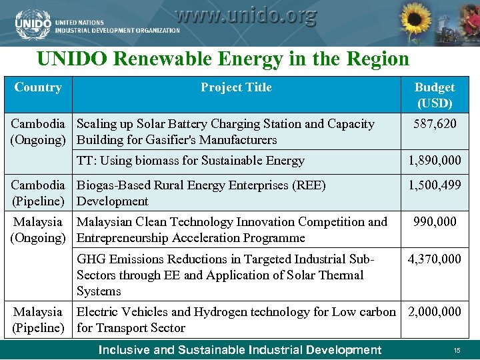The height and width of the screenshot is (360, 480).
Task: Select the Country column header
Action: coord(38,87)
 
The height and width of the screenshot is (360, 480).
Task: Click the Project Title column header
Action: coord(236,87)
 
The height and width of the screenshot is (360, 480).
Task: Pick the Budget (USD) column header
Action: coord(435,95)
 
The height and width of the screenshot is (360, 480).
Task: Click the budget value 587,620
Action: coord(435,124)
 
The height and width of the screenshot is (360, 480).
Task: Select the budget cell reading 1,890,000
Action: coord(435,160)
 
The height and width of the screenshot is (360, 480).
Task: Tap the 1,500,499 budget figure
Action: coord(435,185)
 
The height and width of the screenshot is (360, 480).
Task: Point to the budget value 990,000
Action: coord(435,222)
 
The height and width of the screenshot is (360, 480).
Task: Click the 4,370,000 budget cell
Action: coord(435,259)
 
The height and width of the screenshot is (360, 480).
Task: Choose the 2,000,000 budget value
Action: coord(435,312)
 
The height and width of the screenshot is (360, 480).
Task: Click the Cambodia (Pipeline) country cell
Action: coord(38,193)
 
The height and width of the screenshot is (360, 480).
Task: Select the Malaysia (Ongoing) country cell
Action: coord(38,230)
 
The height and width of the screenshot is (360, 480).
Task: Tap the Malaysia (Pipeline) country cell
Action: coord(38,320)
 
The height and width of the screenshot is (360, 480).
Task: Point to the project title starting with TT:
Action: coord(191,160)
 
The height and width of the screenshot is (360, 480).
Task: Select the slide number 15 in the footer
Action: coord(457,351)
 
